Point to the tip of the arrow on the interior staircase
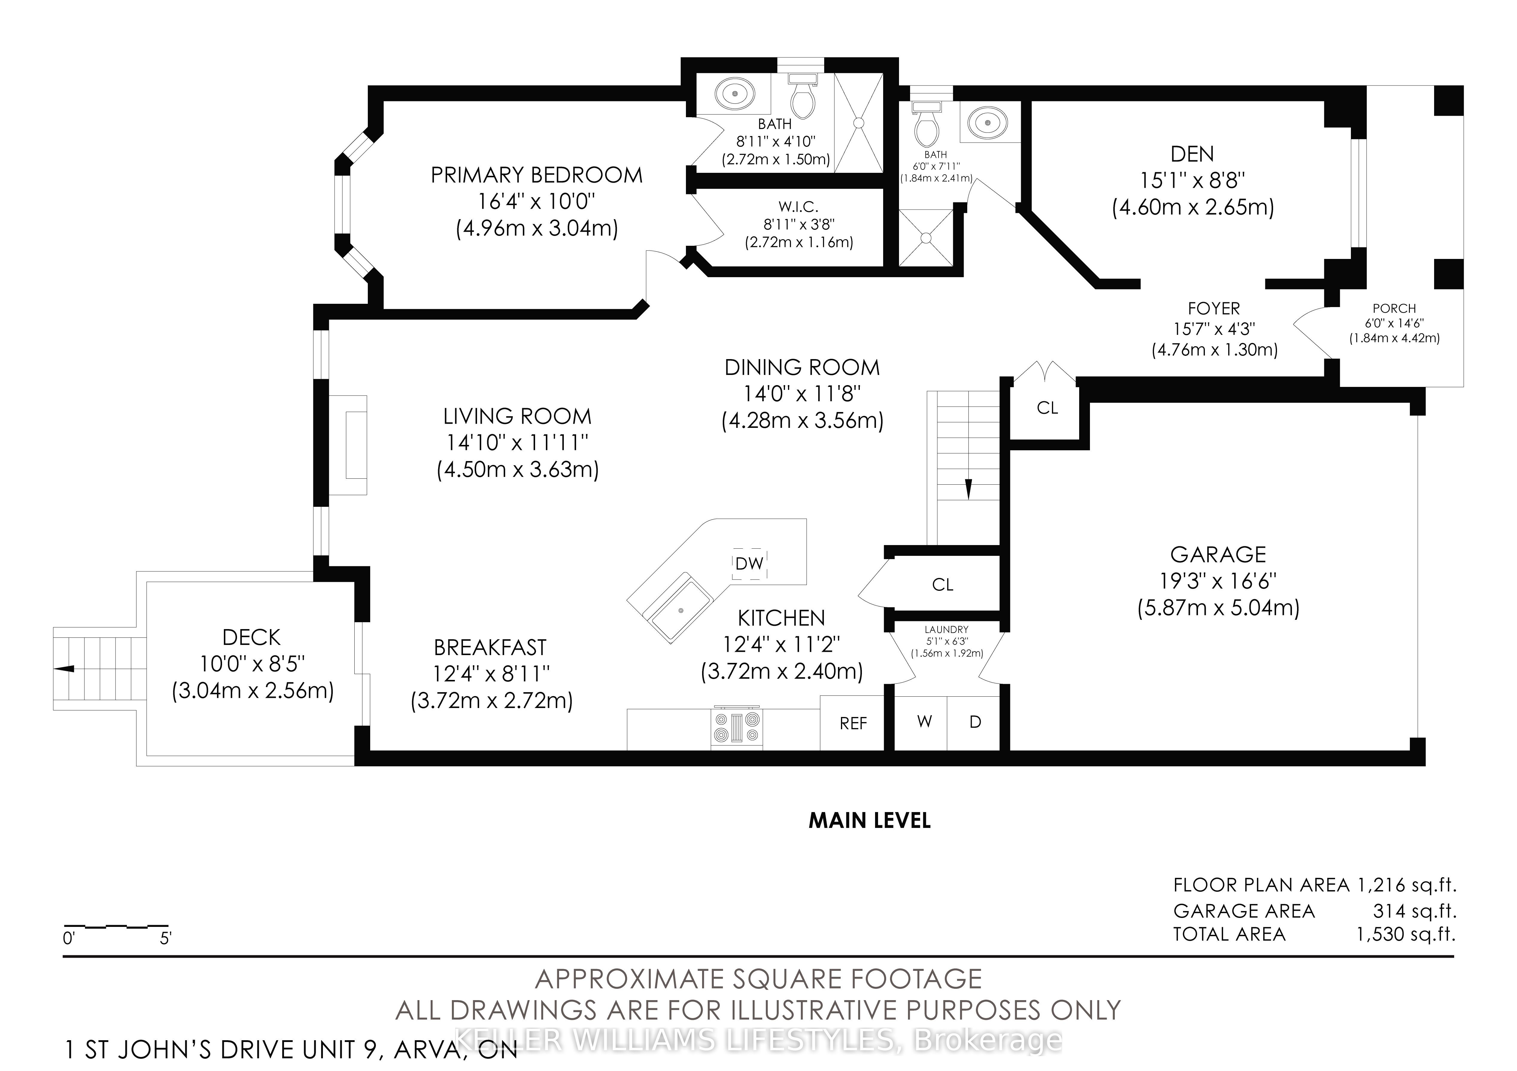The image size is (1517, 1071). (x=969, y=499)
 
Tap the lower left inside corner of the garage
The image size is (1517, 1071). (x=1011, y=751)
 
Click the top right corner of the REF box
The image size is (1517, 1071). (x=884, y=695)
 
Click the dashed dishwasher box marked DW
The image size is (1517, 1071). (x=750, y=563)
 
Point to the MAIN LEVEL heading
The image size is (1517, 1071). (x=869, y=821)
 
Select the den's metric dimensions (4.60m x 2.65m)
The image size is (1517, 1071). (x=1193, y=207)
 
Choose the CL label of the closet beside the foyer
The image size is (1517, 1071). (x=1047, y=408)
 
